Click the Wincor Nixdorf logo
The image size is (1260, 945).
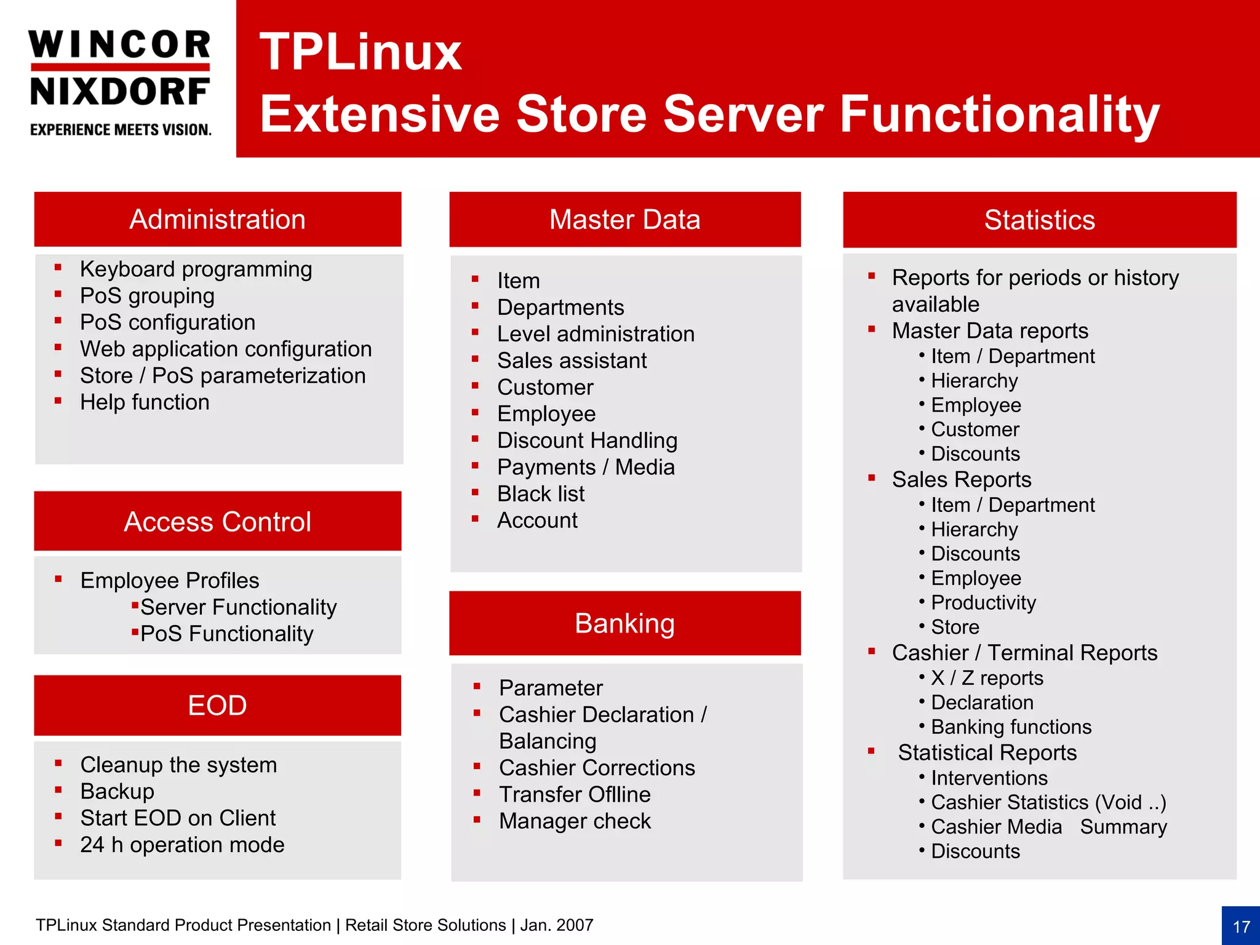tap(120, 82)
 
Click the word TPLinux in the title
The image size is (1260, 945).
tap(361, 52)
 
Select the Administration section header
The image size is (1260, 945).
tap(218, 220)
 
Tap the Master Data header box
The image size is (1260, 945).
tap(624, 220)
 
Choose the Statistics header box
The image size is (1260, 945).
tap(1039, 220)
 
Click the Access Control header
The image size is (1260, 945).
tap(218, 522)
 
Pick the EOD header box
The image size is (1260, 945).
tap(218, 705)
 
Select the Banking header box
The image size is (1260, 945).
tap(624, 623)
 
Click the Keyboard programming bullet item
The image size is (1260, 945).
tap(196, 269)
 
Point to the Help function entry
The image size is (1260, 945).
tap(145, 402)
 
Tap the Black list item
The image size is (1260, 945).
tap(541, 494)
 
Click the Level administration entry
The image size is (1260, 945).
tap(596, 334)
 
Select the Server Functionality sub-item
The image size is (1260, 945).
tap(238, 607)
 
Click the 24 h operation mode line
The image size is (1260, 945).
tap(182, 845)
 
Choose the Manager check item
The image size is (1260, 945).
tap(575, 821)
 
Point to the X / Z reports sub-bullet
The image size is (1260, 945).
tap(987, 678)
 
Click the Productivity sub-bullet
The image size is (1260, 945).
tap(983, 602)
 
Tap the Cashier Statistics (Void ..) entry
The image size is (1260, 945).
tap(1048, 802)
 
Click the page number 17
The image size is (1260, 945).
tap(1241, 927)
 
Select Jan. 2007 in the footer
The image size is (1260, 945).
tap(557, 925)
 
